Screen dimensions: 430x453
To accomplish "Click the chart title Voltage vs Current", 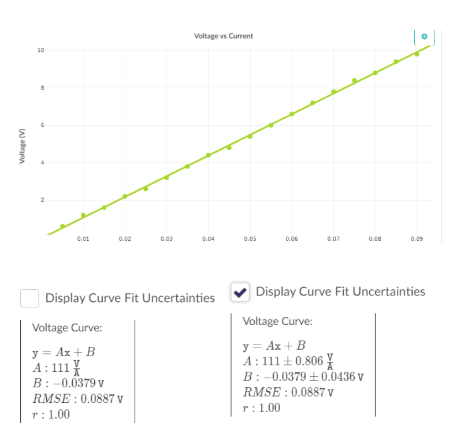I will click(x=223, y=36).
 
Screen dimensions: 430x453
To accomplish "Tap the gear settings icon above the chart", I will click(x=424, y=36).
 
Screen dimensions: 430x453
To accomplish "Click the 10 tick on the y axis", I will click(x=40, y=50).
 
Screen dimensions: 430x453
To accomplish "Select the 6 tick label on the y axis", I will click(x=41, y=125).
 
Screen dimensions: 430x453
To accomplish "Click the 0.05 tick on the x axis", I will click(x=250, y=238).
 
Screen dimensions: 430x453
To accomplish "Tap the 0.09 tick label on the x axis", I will click(x=416, y=238).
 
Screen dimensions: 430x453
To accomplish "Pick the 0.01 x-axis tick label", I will click(x=83, y=238).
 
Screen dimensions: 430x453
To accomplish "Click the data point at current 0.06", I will click(x=292, y=114).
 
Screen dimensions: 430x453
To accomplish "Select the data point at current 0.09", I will click(x=417, y=54).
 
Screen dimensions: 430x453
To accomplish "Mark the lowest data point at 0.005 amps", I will click(x=62, y=226).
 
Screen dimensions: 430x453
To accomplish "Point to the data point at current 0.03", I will click(x=166, y=177).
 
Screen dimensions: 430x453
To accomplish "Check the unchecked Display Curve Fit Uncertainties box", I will click(x=29, y=298).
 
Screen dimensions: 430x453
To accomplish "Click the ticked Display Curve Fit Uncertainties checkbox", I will click(x=240, y=292).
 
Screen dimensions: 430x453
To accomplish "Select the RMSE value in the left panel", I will click(x=78, y=398).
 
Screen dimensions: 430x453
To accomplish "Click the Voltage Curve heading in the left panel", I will click(x=67, y=328).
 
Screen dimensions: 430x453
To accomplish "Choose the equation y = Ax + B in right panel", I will click(x=274, y=346).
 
